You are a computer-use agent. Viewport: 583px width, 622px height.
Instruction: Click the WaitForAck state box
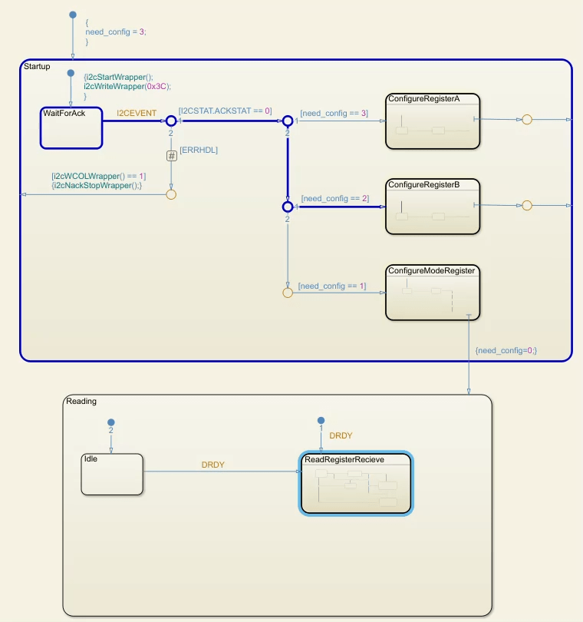click(x=71, y=127)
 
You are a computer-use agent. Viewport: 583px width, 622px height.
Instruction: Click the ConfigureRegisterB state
click(x=433, y=207)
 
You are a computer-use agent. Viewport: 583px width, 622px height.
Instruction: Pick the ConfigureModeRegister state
click(x=432, y=293)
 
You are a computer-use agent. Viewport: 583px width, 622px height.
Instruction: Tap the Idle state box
click(x=112, y=475)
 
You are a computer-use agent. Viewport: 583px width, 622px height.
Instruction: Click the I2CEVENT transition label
click(x=137, y=113)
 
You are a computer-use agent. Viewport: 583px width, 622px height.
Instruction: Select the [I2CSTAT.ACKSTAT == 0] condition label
click(x=225, y=111)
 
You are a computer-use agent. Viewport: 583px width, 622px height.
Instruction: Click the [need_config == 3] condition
click(x=334, y=113)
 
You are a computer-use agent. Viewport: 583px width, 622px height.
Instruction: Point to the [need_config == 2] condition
click(x=334, y=198)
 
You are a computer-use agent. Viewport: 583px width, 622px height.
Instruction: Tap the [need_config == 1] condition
click(x=332, y=286)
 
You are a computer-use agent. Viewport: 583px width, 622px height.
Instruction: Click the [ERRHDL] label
click(x=199, y=150)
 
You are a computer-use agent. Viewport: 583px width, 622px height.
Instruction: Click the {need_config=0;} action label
click(x=506, y=350)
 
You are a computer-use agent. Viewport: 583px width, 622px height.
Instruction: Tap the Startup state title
click(x=38, y=67)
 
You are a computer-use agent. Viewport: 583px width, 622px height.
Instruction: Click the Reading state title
click(x=81, y=401)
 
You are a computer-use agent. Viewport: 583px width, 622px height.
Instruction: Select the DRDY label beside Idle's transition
click(x=212, y=465)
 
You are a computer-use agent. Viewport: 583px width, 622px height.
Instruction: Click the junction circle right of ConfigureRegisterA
click(x=526, y=120)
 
